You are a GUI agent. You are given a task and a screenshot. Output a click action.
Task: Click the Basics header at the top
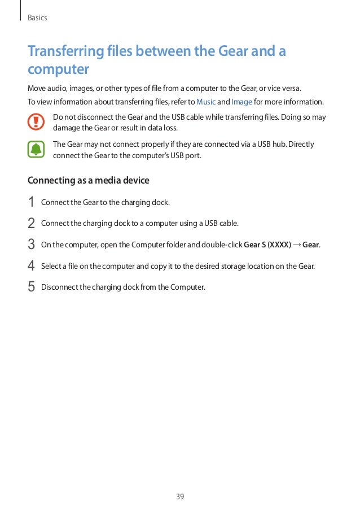[37, 18]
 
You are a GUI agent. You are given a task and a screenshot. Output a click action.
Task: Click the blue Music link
[205, 102]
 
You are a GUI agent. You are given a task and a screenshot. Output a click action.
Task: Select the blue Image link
[242, 102]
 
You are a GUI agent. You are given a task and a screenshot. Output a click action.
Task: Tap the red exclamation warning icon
[37, 122]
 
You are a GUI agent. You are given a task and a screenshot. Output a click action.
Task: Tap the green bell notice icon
[37, 149]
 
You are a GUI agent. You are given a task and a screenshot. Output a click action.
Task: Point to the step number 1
[31, 202]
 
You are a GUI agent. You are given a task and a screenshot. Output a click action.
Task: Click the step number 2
[31, 223]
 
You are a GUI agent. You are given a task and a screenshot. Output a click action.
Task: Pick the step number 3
[31, 245]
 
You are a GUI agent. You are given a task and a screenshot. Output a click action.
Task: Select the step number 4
[31, 265]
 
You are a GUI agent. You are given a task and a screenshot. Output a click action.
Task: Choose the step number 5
[31, 287]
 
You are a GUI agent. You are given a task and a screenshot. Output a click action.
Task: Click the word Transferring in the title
[65, 52]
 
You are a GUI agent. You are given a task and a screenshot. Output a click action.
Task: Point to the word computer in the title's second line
[59, 70]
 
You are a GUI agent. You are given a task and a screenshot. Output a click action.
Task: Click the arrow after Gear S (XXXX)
[297, 245]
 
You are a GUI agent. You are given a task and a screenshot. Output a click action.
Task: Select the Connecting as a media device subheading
[89, 181]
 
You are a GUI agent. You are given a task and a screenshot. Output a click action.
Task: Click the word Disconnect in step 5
[59, 287]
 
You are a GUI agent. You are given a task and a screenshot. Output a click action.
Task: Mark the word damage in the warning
[67, 128]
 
